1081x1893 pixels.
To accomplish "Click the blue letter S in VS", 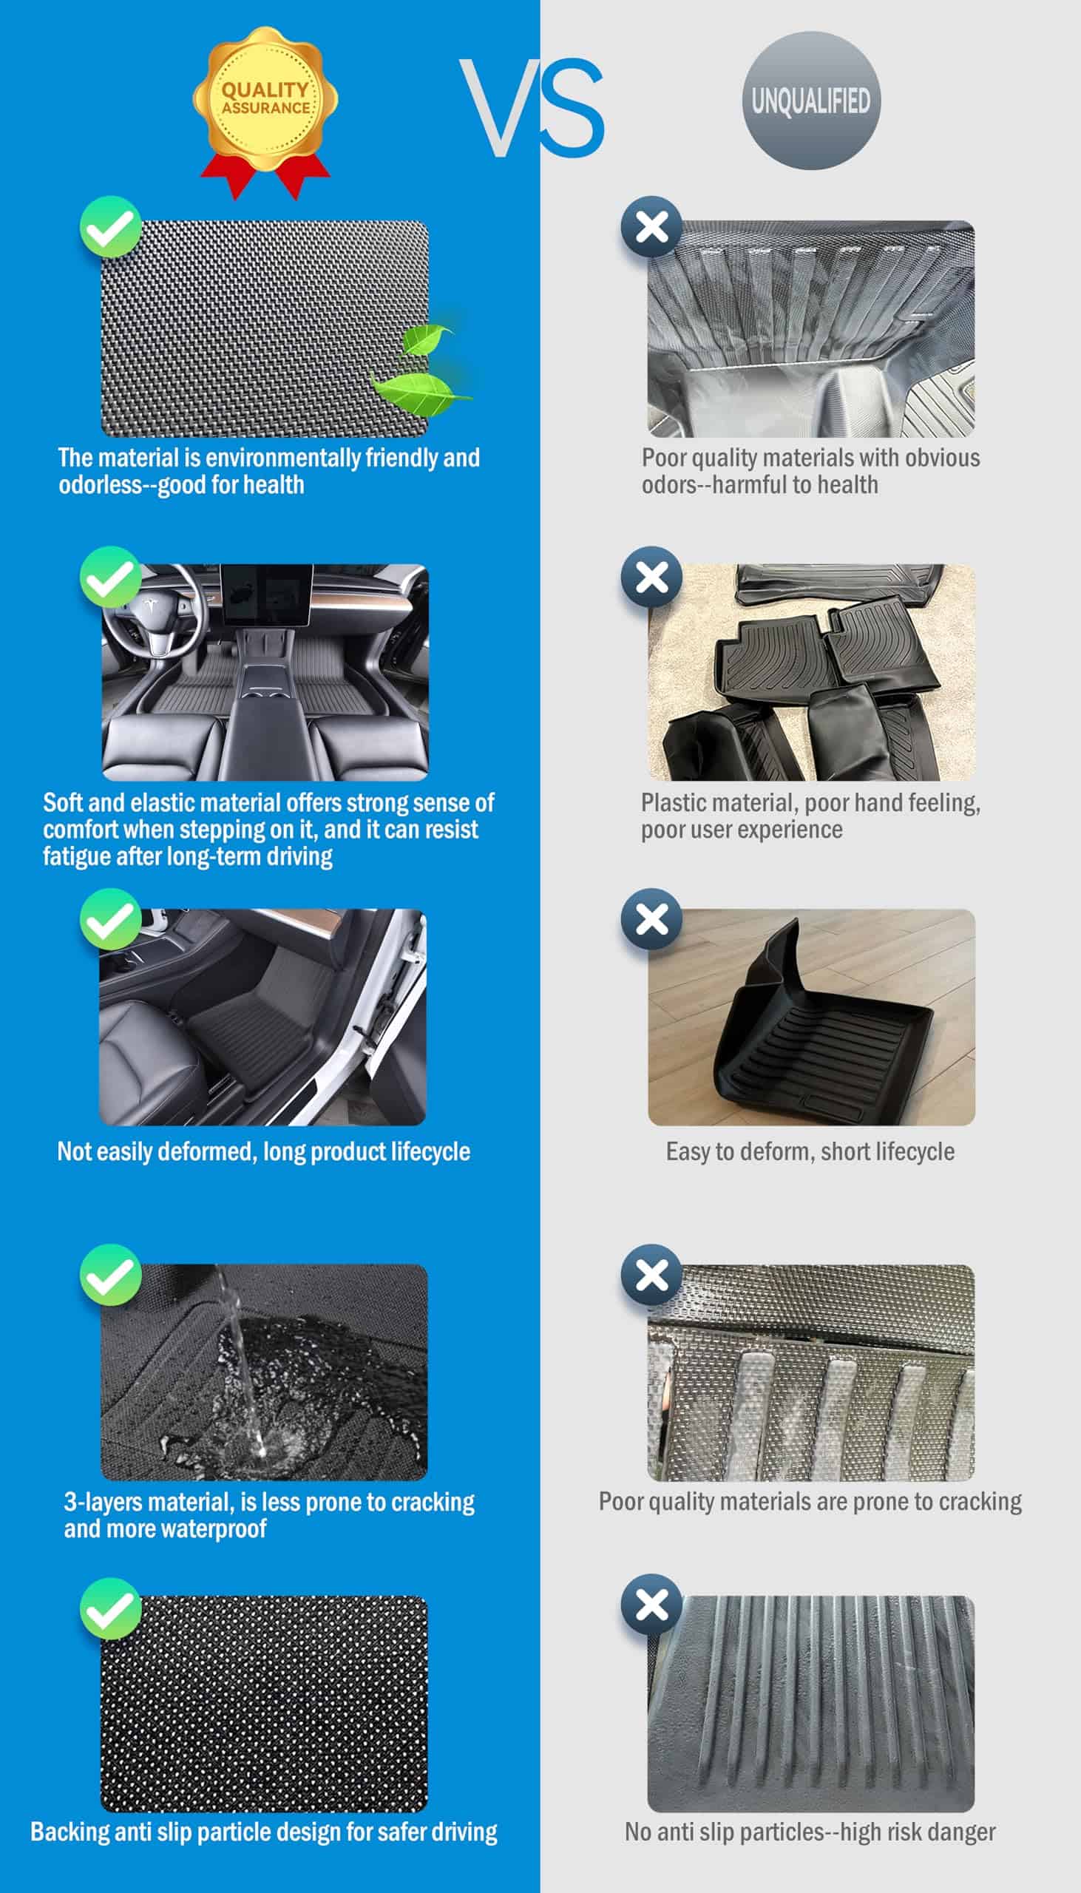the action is [x=569, y=108].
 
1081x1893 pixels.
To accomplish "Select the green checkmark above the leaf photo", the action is [x=111, y=227].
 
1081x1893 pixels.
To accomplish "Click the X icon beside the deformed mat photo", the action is [x=652, y=919].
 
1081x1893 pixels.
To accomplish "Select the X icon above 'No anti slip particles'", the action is [x=652, y=1604].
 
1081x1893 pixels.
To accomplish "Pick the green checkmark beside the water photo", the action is [x=111, y=1275].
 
